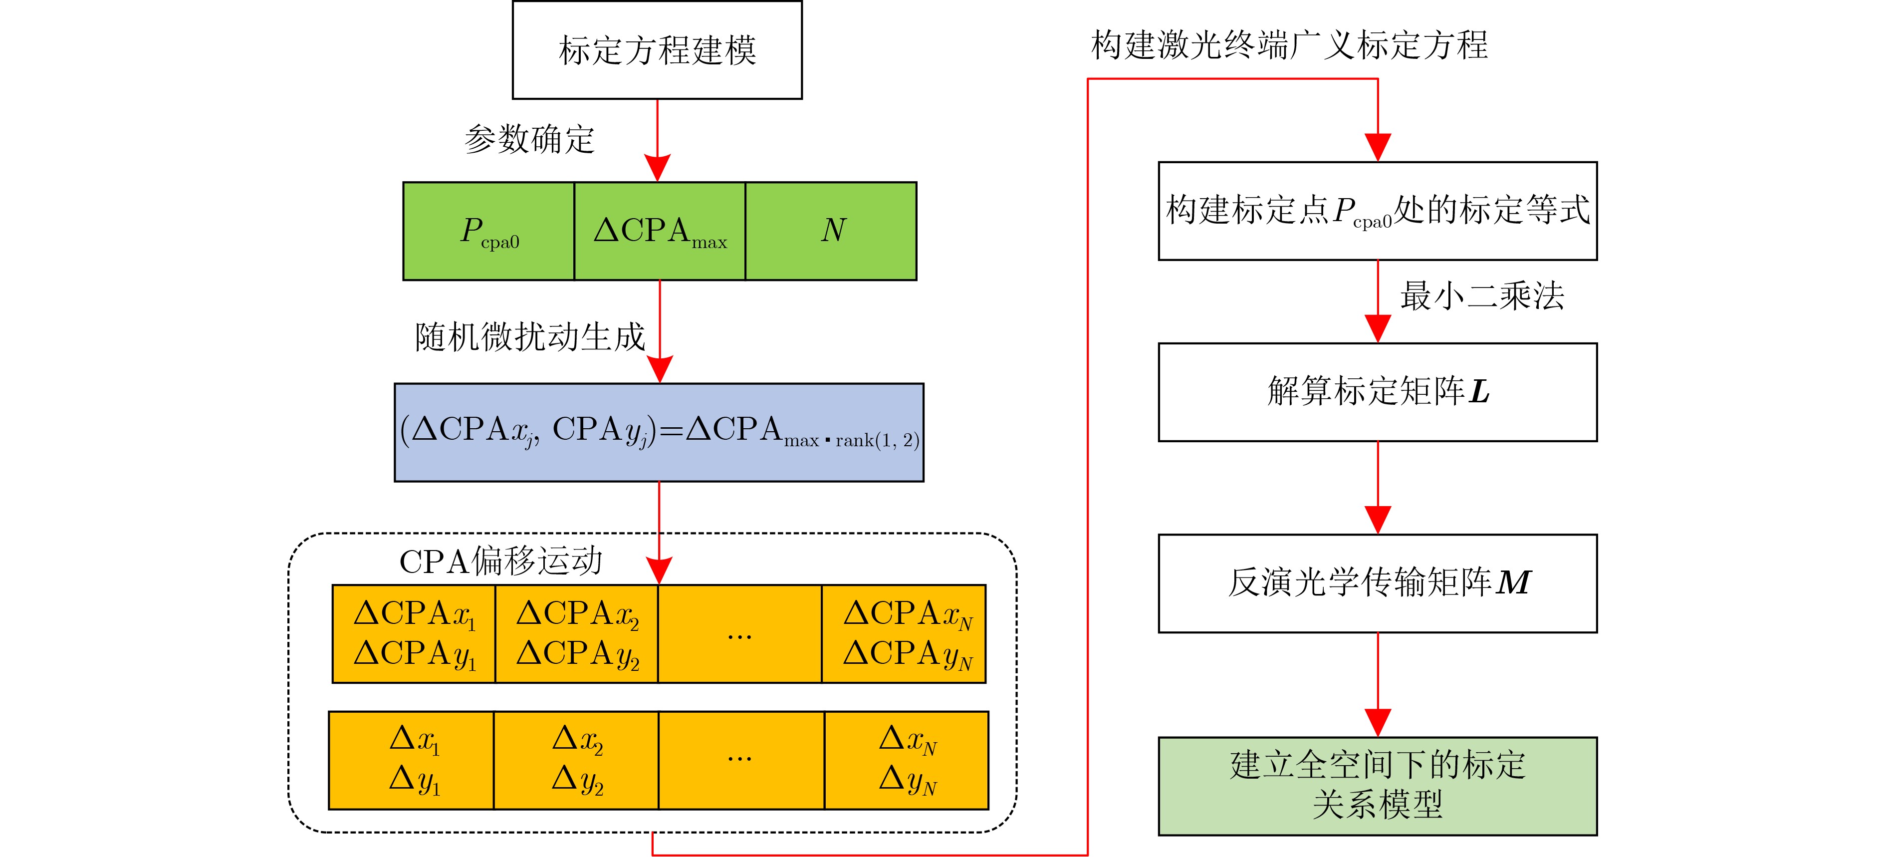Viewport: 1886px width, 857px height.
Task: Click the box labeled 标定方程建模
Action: (x=657, y=50)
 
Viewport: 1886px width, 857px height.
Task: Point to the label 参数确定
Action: (x=529, y=139)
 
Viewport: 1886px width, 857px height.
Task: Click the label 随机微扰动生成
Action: (x=529, y=337)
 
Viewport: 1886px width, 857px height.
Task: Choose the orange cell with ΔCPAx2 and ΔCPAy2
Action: (x=577, y=633)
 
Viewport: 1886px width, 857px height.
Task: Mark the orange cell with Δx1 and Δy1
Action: (x=412, y=760)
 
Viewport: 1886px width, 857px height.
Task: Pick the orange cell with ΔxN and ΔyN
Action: (x=907, y=760)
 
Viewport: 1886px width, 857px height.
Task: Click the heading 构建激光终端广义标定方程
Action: (x=1289, y=45)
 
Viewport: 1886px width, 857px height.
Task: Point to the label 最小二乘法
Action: (x=1482, y=296)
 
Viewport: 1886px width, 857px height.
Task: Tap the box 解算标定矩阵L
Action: (x=1377, y=392)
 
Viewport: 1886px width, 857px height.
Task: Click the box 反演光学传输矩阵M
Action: (x=1377, y=583)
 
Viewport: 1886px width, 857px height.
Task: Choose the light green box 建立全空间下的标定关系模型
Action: (x=1377, y=785)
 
